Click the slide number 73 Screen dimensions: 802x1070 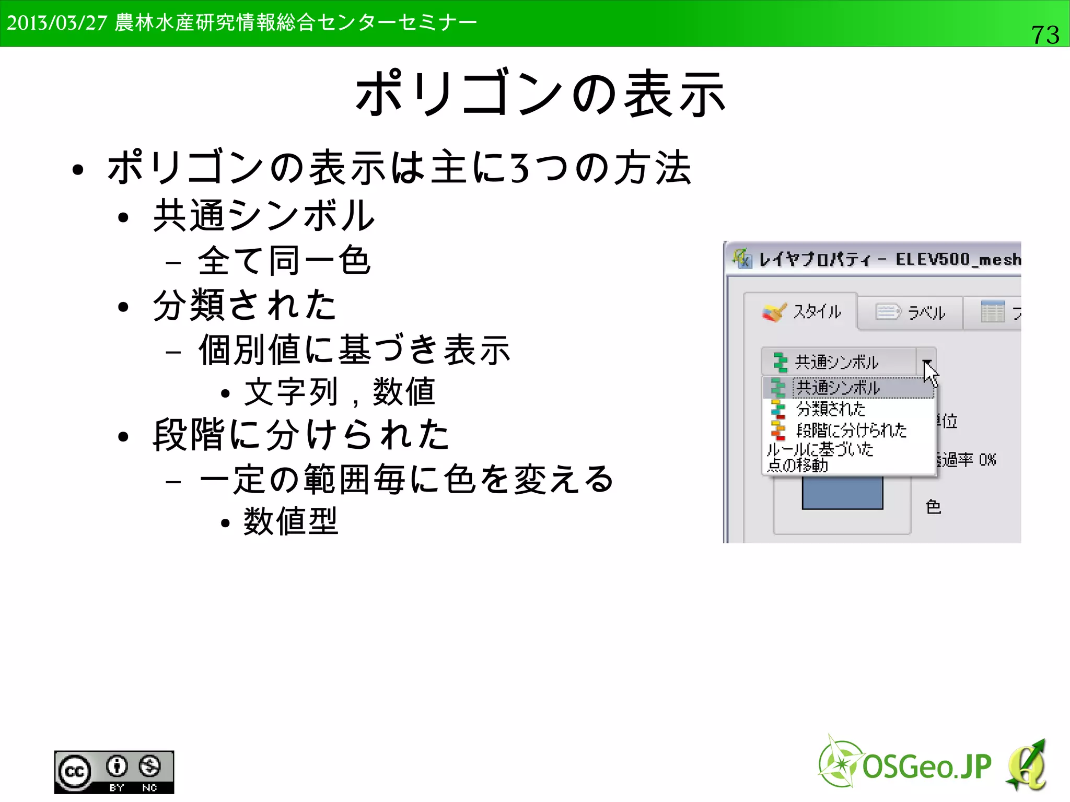[x=1045, y=35]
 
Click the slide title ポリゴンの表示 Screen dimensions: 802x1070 [x=540, y=94]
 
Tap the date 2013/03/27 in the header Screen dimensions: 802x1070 [x=56, y=23]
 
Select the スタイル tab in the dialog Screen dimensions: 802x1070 [x=801, y=312]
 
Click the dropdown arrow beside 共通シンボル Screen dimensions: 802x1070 [x=926, y=362]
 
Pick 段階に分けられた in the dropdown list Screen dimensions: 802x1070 [x=851, y=430]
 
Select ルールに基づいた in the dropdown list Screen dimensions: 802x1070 [x=820, y=449]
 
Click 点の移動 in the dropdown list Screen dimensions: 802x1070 [x=798, y=464]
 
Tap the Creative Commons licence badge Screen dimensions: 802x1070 [x=114, y=772]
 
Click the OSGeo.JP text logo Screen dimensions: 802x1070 [x=926, y=767]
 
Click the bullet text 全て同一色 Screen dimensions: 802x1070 [x=284, y=261]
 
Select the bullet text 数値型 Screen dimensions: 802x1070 [x=291, y=521]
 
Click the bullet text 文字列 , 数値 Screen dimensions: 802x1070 [x=340, y=392]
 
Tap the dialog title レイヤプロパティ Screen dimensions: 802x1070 [x=815, y=259]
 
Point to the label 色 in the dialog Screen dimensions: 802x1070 [x=933, y=506]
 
